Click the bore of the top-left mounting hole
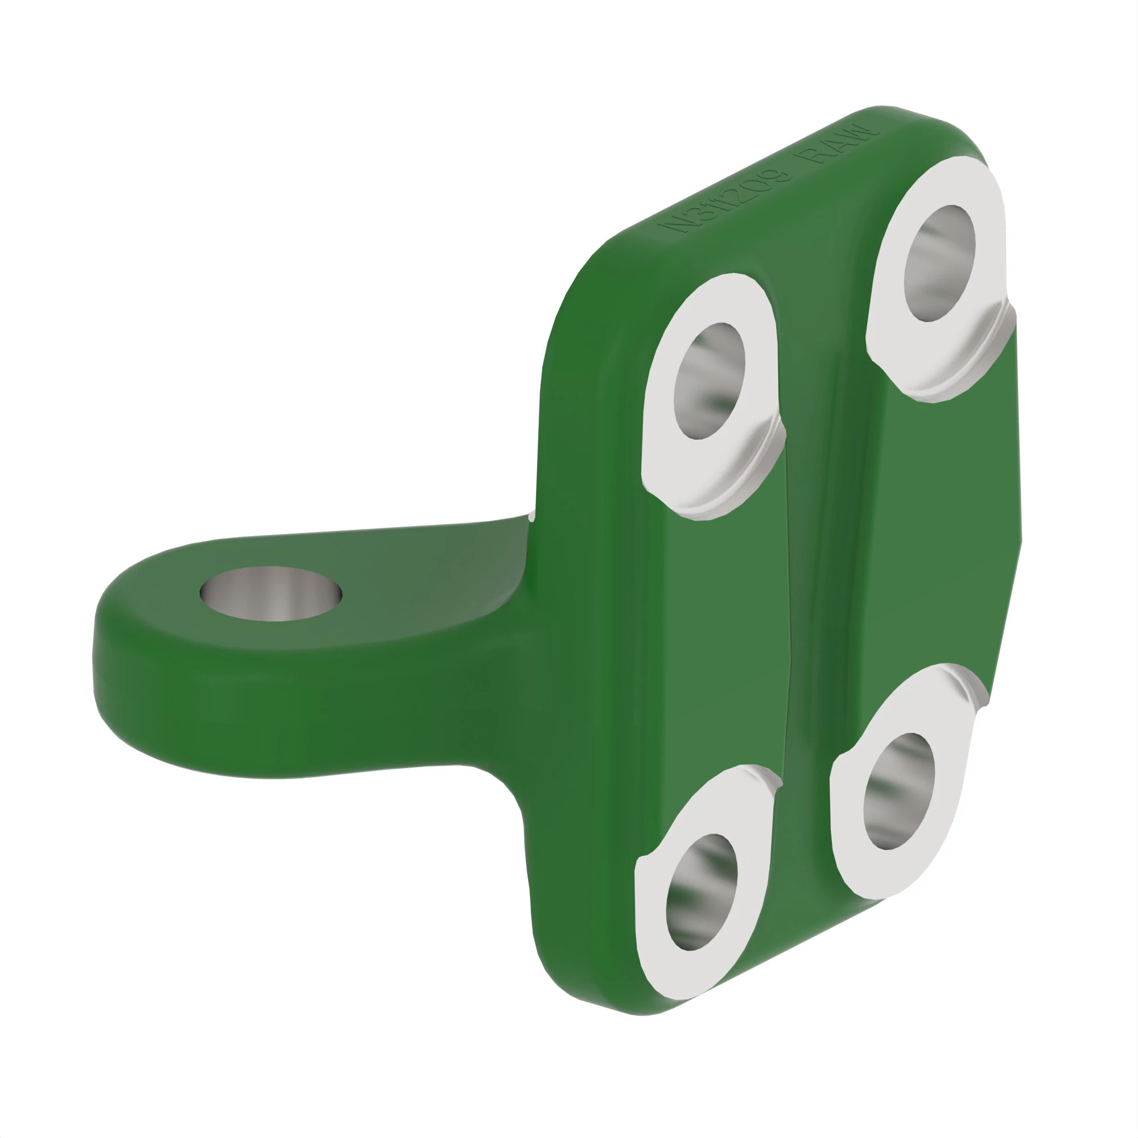(x=708, y=381)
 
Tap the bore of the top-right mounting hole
(x=939, y=263)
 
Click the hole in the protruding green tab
(x=270, y=593)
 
